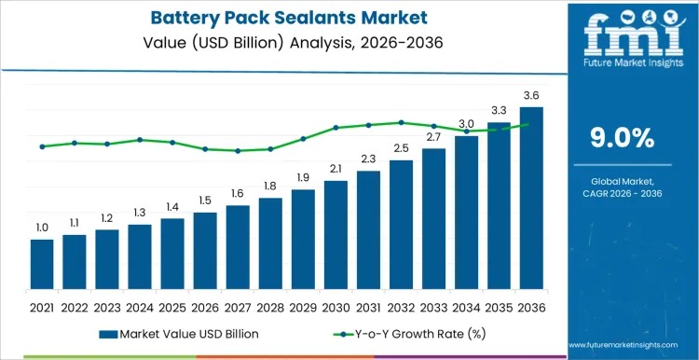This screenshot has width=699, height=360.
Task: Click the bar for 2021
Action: point(42,265)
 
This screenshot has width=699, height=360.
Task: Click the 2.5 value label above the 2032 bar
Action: point(401,148)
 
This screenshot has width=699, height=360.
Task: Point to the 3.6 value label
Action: point(531,95)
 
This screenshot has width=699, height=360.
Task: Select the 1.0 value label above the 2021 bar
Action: point(42,228)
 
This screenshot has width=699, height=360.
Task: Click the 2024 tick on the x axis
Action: point(140,307)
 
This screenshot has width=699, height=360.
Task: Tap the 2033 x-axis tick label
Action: point(433,307)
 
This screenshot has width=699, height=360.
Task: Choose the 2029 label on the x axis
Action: point(303,307)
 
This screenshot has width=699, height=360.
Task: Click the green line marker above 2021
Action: point(42,146)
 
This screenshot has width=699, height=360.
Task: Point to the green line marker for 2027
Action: point(238,150)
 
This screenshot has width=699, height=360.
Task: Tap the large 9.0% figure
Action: point(623,138)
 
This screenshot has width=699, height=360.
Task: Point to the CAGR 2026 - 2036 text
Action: point(623,193)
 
